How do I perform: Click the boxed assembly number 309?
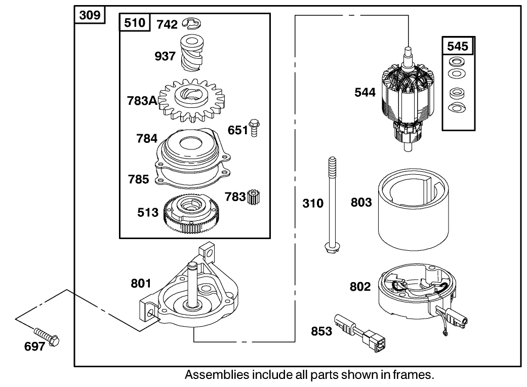click(90, 15)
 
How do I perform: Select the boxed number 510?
click(135, 23)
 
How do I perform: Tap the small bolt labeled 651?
click(255, 129)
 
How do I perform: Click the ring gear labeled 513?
click(195, 215)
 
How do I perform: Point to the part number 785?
click(138, 179)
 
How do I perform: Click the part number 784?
click(147, 138)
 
